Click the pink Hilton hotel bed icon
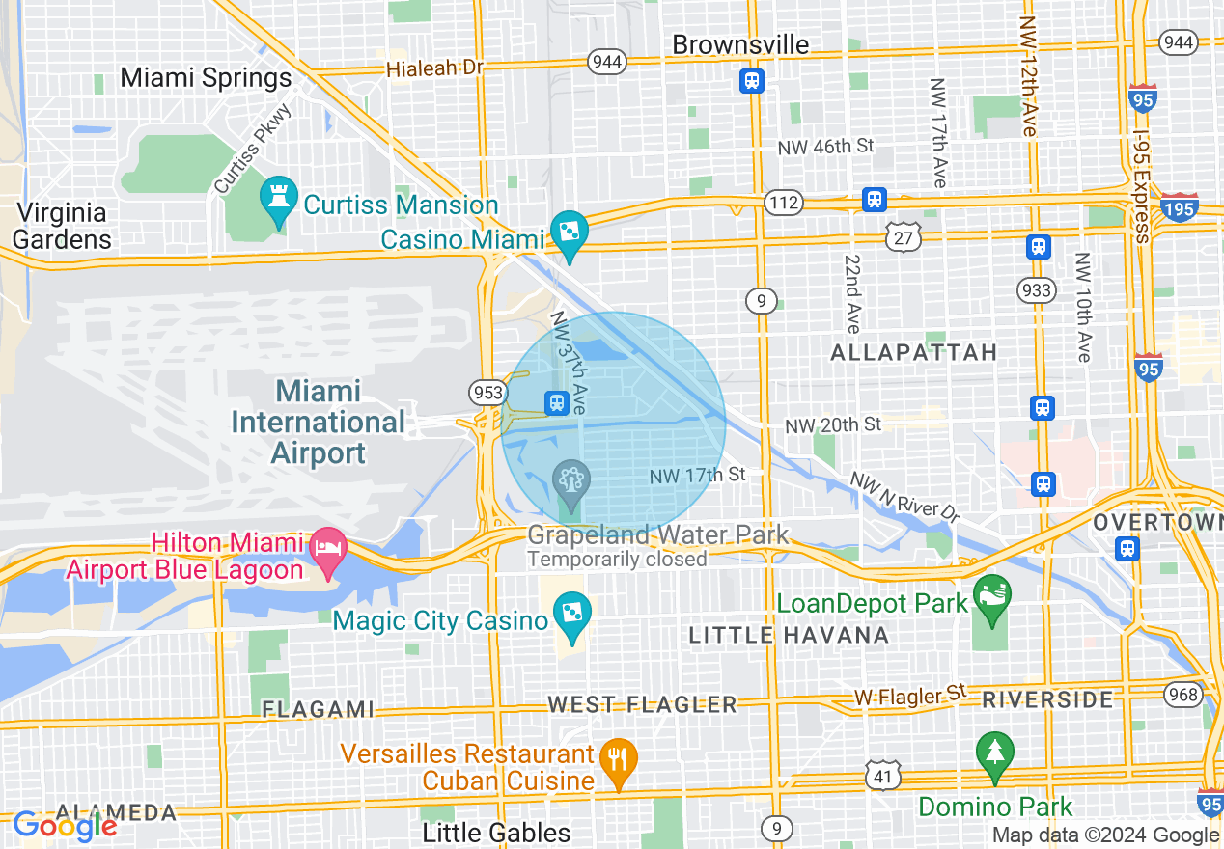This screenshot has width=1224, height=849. (x=329, y=551)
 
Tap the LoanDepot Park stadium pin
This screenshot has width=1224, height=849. (x=991, y=593)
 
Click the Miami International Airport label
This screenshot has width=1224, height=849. (x=319, y=422)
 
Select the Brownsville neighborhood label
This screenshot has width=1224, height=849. (x=740, y=44)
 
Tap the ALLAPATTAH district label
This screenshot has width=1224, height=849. (x=913, y=352)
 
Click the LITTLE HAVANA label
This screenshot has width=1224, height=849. (x=789, y=635)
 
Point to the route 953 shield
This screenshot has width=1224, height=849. (x=487, y=392)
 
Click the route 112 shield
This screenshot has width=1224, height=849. (x=781, y=203)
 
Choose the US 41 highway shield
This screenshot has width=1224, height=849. (x=884, y=775)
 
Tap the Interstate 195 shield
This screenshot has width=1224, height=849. (x=1181, y=205)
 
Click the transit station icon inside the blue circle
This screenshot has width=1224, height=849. (x=556, y=402)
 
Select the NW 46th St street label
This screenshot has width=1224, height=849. (x=825, y=147)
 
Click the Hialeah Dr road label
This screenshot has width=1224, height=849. (x=433, y=68)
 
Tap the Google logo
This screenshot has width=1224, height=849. (x=64, y=825)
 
